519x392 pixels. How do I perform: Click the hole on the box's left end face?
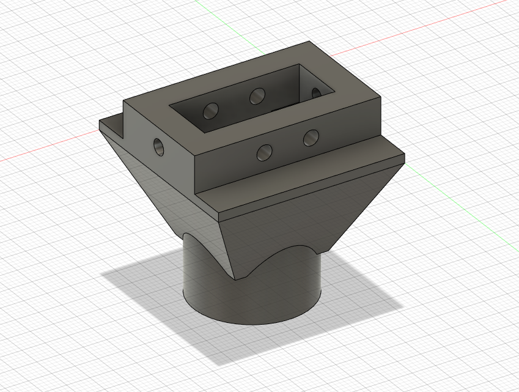click(159, 146)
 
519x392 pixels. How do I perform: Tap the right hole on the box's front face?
click(311, 138)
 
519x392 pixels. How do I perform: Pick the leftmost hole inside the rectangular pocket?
click(211, 111)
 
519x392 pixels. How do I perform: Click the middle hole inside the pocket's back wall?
click(257, 95)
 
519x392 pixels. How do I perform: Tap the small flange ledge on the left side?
click(113, 126)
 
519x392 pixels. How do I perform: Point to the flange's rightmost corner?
click(405, 158)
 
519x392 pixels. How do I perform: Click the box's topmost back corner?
click(307, 42)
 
